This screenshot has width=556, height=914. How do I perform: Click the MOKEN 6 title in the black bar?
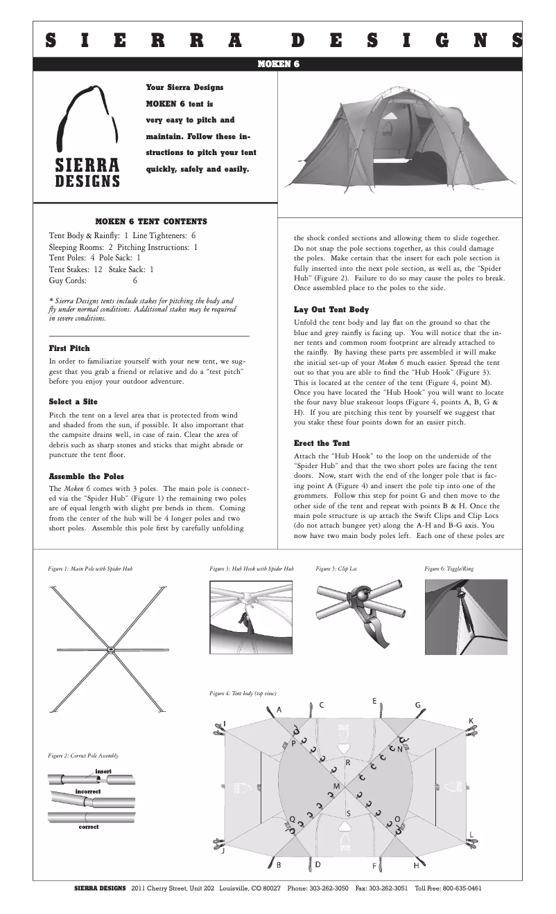click(278, 64)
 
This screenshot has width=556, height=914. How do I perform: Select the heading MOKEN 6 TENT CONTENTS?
click(150, 222)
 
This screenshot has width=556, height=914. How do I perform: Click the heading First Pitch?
click(69, 348)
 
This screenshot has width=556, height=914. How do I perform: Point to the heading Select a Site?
click(73, 402)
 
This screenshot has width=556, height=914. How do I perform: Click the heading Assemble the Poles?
click(86, 476)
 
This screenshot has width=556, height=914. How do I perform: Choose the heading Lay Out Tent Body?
click(331, 310)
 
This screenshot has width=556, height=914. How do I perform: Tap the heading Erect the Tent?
click(322, 442)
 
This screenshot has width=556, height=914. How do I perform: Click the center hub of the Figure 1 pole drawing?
click(111, 649)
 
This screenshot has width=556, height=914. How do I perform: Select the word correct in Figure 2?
click(89, 827)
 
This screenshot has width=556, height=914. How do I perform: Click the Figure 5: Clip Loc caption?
click(336, 568)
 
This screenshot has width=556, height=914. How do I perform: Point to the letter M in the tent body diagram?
click(336, 787)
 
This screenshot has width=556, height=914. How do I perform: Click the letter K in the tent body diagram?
click(471, 721)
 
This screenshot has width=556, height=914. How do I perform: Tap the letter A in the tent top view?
click(279, 710)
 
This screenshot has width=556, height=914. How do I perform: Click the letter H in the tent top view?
click(417, 866)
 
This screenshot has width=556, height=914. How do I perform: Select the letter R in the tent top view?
click(348, 762)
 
